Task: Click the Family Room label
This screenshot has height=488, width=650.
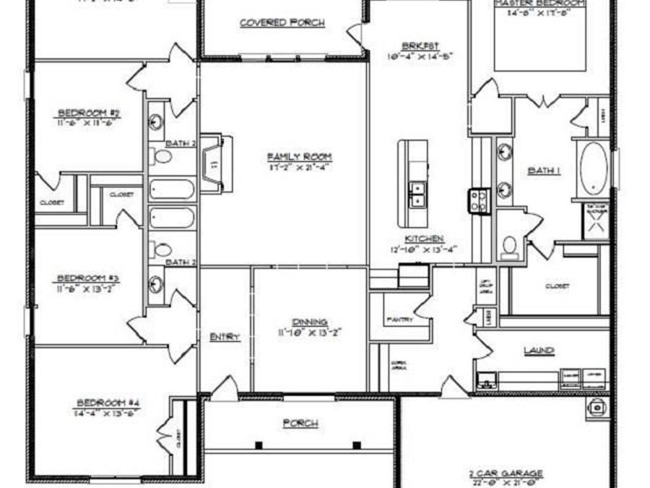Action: (x=300, y=157)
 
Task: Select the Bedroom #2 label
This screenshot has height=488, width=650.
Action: (x=89, y=113)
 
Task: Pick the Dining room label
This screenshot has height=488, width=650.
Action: (x=310, y=322)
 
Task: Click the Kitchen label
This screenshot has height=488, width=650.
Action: (x=424, y=239)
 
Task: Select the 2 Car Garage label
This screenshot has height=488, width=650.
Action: (x=505, y=475)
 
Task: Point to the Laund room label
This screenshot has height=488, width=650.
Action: (x=539, y=351)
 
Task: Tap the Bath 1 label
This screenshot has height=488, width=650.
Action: (x=544, y=171)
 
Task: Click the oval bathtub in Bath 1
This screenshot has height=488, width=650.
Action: (x=595, y=168)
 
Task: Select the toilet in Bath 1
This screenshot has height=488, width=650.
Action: (x=510, y=247)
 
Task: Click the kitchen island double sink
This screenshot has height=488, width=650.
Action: (x=417, y=194)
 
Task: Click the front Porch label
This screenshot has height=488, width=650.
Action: (x=300, y=423)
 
